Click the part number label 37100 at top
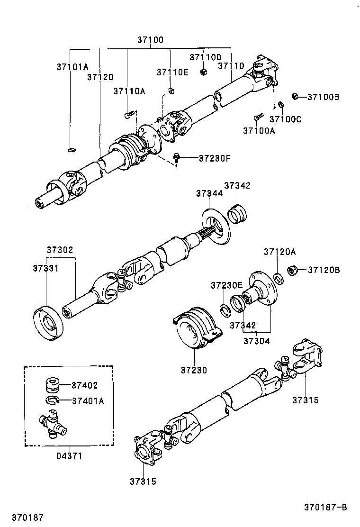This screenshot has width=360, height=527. [x=150, y=40]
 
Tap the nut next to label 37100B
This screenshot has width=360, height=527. [x=294, y=97]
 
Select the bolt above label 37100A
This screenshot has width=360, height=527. [x=259, y=116]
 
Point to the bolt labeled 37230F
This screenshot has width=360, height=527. [x=177, y=157]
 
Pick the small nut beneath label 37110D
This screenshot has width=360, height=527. [x=203, y=72]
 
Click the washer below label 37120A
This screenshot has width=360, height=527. [x=279, y=279]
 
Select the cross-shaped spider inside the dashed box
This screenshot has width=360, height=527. [x=52, y=423]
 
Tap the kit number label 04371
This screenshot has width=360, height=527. [x=69, y=456]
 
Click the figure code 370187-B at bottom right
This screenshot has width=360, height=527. [x=325, y=507]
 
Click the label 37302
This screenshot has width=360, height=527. [x=60, y=250]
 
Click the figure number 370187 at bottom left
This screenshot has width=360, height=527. [x=27, y=517]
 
